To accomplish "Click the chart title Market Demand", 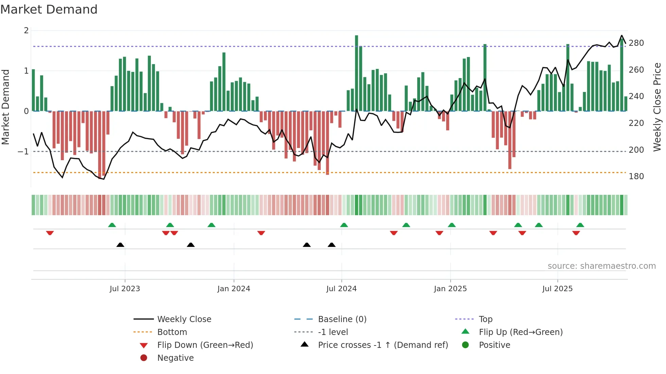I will [49, 10].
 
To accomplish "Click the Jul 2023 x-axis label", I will [125, 289].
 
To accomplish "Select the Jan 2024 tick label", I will [233, 289].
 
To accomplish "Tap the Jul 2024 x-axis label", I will [341, 289].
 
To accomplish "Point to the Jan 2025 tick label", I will [450, 289].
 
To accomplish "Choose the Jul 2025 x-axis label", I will [557, 289].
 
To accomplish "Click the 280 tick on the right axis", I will [636, 43].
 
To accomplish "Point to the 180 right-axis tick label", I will [636, 176].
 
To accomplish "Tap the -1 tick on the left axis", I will [23, 152].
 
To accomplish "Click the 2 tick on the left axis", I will [26, 31].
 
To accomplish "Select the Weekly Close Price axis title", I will [657, 107].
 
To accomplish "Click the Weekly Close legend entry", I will [184, 319].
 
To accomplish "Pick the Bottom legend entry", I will [172, 332].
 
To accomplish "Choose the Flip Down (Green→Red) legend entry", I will [205, 345].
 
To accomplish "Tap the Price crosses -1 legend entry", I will [383, 345].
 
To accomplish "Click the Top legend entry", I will [486, 319].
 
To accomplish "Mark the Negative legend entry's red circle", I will [144, 358].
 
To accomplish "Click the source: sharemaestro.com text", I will [601, 266].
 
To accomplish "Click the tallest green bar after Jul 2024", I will [356, 73].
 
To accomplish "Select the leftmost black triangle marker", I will [120, 245].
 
